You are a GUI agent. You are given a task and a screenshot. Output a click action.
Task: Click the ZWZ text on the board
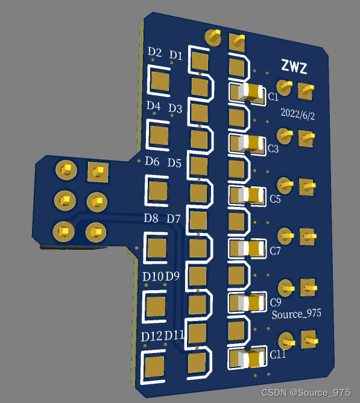tap(294, 67)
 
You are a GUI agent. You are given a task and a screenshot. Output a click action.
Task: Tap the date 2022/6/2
tap(297, 114)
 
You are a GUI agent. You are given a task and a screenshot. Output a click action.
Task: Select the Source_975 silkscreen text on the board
tap(297, 314)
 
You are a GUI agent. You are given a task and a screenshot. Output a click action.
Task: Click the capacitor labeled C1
tap(251, 92)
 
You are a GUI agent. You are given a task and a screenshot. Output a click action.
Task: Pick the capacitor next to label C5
tap(252, 195)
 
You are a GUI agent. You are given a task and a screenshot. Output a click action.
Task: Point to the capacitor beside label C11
tap(251, 358)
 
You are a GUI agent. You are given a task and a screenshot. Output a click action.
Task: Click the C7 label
tap(275, 250)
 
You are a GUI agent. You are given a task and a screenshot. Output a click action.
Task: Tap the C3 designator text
tap(273, 148)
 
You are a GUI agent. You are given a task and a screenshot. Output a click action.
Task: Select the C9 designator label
tap(276, 302)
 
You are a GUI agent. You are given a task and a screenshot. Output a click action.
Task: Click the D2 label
tap(154, 52)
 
